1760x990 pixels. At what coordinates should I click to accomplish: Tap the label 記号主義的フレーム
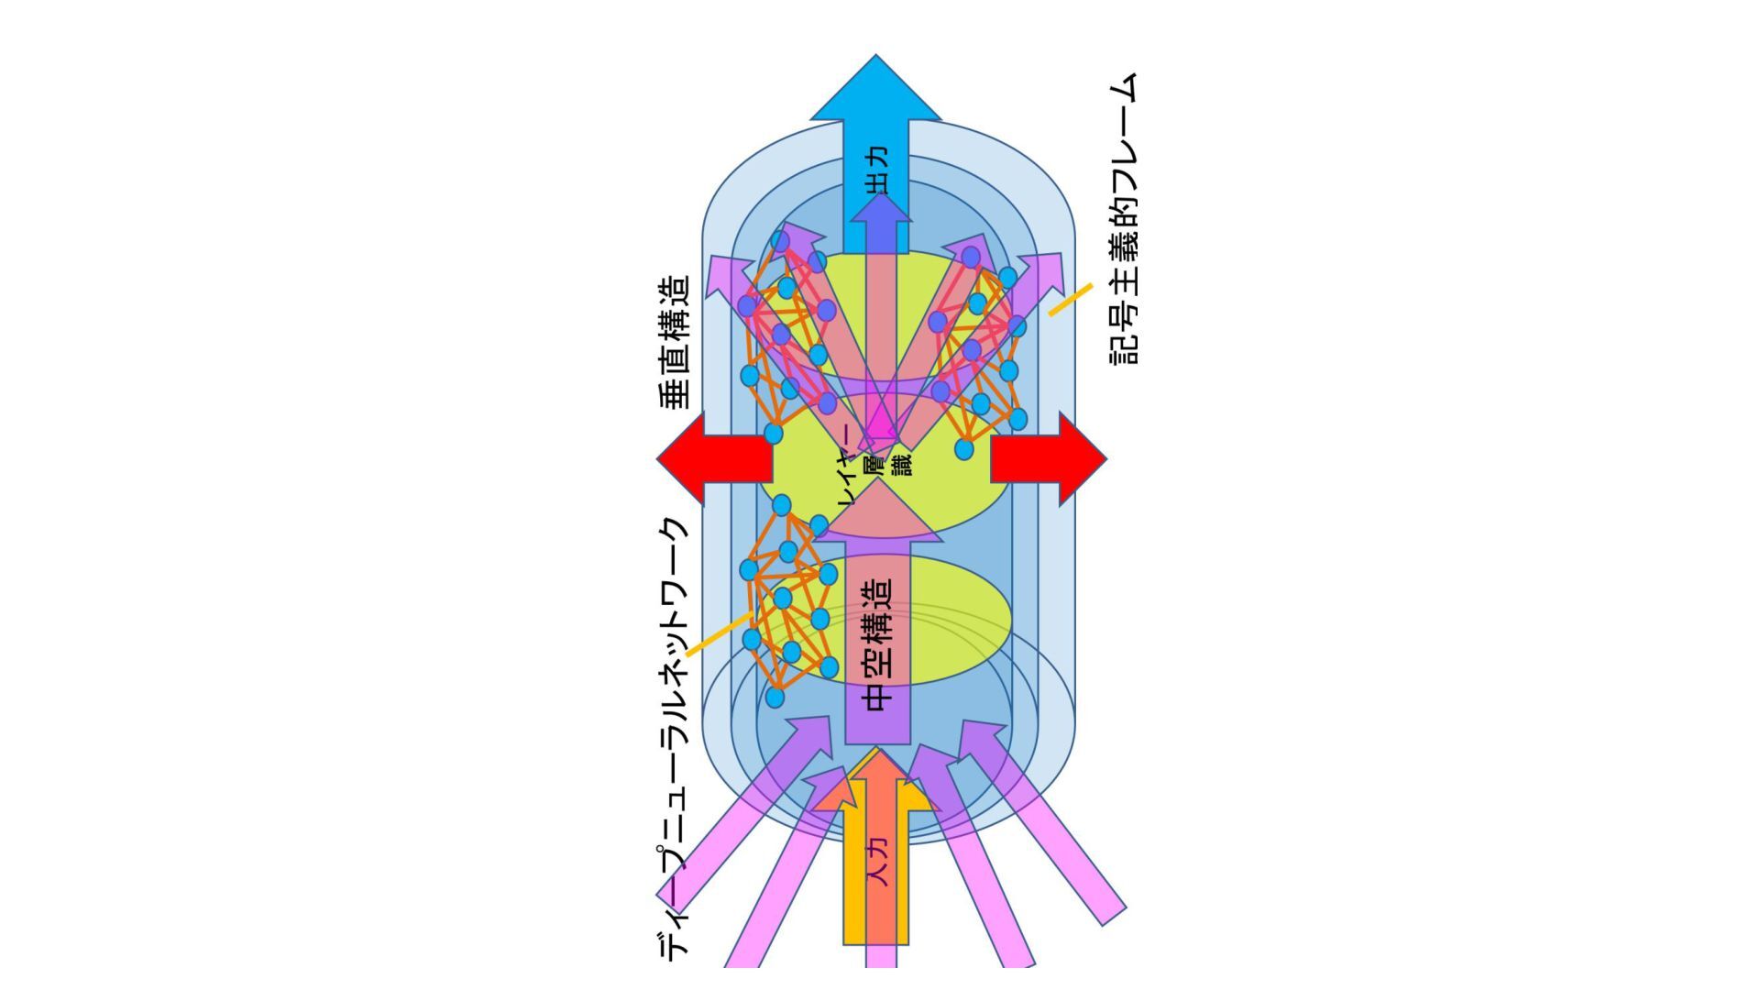click(x=1124, y=220)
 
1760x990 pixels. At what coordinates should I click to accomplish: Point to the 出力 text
click(x=877, y=170)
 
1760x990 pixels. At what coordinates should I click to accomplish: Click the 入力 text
click(x=878, y=862)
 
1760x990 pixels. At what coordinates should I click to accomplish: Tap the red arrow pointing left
click(x=710, y=458)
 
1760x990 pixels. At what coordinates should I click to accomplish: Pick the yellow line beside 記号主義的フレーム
click(x=1070, y=300)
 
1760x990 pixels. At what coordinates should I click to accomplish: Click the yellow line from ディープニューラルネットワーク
click(x=720, y=633)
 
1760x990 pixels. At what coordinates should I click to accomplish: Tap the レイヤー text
click(x=849, y=467)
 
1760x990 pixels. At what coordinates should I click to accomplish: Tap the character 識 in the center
click(x=903, y=463)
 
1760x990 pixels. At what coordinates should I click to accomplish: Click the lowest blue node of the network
click(x=775, y=698)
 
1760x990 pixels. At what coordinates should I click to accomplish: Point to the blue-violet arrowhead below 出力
click(x=880, y=211)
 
